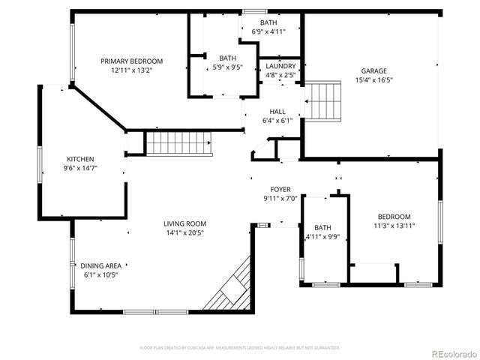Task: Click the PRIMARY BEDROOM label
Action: [x=131, y=61]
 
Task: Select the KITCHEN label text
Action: [x=80, y=159]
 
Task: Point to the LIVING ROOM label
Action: [x=184, y=223]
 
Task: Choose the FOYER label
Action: [x=280, y=190]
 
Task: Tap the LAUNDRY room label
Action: [x=280, y=66]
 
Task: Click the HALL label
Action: [x=277, y=112]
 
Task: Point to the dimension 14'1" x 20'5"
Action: [x=184, y=233]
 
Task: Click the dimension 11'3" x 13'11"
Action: [x=394, y=225]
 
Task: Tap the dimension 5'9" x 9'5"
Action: [x=228, y=67]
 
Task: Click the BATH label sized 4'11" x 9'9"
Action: [x=322, y=228]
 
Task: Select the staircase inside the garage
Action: [x=323, y=100]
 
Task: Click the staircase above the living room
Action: [x=178, y=142]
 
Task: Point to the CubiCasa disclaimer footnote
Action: [x=240, y=348]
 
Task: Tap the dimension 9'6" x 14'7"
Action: [x=80, y=169]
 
